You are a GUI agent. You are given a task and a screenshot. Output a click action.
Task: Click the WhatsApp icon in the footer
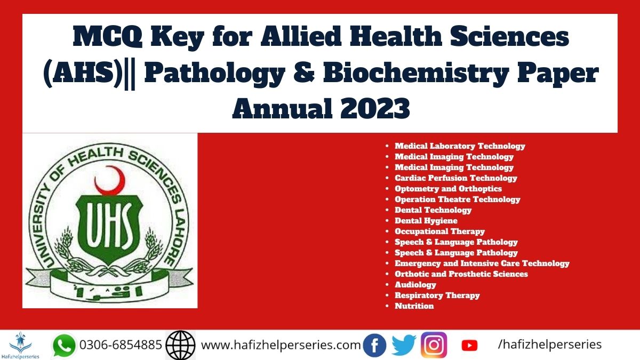(x=64, y=346)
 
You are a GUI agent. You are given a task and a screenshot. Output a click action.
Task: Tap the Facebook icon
(x=374, y=345)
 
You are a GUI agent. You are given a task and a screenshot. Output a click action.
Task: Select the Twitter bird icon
(x=404, y=346)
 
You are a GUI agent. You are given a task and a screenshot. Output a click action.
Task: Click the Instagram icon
(x=434, y=345)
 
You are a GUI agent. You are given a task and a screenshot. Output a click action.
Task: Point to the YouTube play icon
(x=469, y=346)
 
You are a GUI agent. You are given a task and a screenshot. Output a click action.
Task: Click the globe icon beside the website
(x=181, y=345)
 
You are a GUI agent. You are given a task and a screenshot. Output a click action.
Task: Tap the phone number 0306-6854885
(x=121, y=345)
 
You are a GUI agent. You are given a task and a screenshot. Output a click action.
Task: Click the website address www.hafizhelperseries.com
(x=281, y=345)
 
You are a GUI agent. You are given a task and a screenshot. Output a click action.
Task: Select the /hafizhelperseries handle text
(x=550, y=345)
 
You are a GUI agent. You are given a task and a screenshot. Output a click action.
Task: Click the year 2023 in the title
(x=375, y=108)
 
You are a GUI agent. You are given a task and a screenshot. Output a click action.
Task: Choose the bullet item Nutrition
(x=414, y=306)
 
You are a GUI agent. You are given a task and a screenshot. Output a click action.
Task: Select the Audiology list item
(x=415, y=285)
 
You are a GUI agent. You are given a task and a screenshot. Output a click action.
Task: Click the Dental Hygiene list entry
(x=426, y=221)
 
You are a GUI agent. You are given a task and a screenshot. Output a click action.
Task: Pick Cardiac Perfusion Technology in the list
(x=456, y=178)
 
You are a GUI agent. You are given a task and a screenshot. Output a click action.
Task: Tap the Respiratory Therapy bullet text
(x=437, y=295)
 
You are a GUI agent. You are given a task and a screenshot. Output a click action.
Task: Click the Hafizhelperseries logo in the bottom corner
(x=21, y=345)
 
